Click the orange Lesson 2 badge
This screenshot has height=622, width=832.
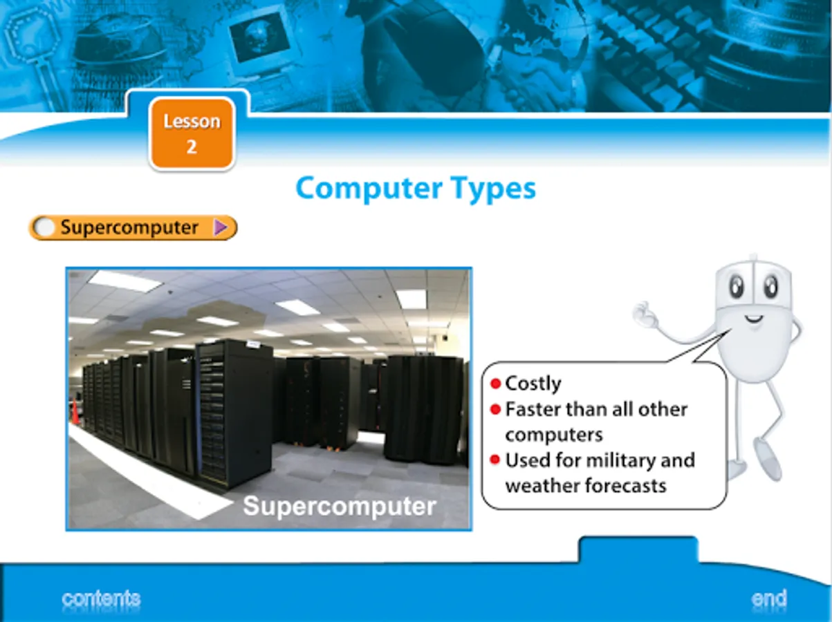pos(192,133)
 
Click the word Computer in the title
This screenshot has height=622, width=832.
pos(369,188)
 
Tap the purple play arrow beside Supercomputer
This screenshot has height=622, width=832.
pos(220,227)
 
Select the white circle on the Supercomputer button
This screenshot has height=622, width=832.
pos(44,227)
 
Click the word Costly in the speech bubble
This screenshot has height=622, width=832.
pos(533,384)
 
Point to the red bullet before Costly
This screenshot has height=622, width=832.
pos(495,384)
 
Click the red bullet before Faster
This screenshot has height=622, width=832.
pos(495,410)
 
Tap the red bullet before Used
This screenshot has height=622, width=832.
pos(495,460)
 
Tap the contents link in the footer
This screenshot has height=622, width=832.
pos(101,599)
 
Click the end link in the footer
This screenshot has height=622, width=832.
pos(769,599)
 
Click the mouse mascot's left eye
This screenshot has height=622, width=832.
pos(737,287)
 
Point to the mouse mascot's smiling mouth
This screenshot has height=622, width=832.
pos(753,319)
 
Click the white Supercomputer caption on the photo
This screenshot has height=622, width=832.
pos(340,506)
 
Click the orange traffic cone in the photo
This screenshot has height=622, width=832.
pos(75,412)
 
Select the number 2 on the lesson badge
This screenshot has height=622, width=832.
pos(192,147)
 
